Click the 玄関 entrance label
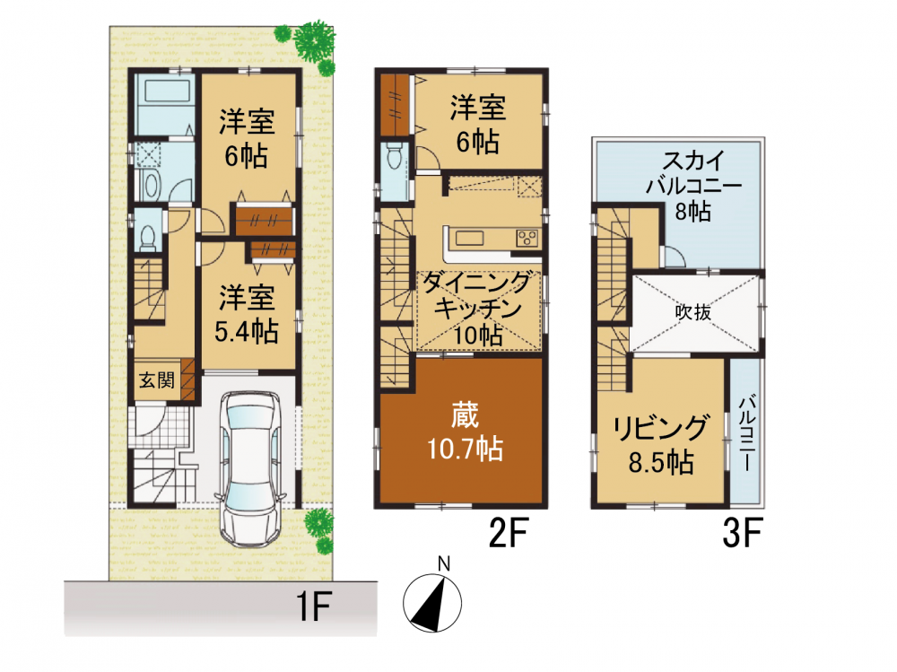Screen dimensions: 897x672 (x=157, y=380)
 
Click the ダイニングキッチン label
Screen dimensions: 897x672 (x=477, y=296)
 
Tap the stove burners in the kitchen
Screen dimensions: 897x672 (x=527, y=238)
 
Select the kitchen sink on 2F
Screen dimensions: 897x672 (x=469, y=237)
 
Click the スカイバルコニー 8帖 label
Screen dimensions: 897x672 (x=694, y=186)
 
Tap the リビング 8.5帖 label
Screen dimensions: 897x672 (x=661, y=445)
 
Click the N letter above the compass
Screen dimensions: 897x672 (x=444, y=563)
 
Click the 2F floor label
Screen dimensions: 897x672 (x=508, y=532)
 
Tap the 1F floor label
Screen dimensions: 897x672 (x=313, y=607)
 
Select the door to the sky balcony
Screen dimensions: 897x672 (x=674, y=257)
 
